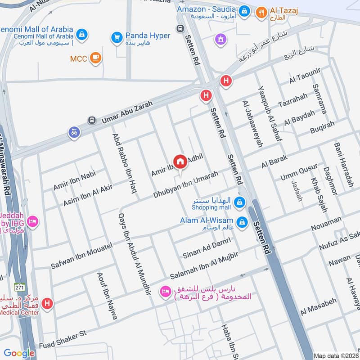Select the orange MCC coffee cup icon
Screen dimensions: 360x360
pyautogui.click(x=95, y=58)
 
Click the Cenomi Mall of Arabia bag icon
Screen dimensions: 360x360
pyautogui.click(x=82, y=34)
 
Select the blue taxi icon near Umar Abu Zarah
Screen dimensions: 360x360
pyautogui.click(x=74, y=133)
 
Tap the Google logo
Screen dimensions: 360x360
pyautogui.click(x=19, y=354)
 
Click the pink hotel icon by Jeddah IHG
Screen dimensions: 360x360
pyautogui.click(x=32, y=221)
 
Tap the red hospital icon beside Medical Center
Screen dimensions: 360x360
pyautogui.click(x=47, y=304)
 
